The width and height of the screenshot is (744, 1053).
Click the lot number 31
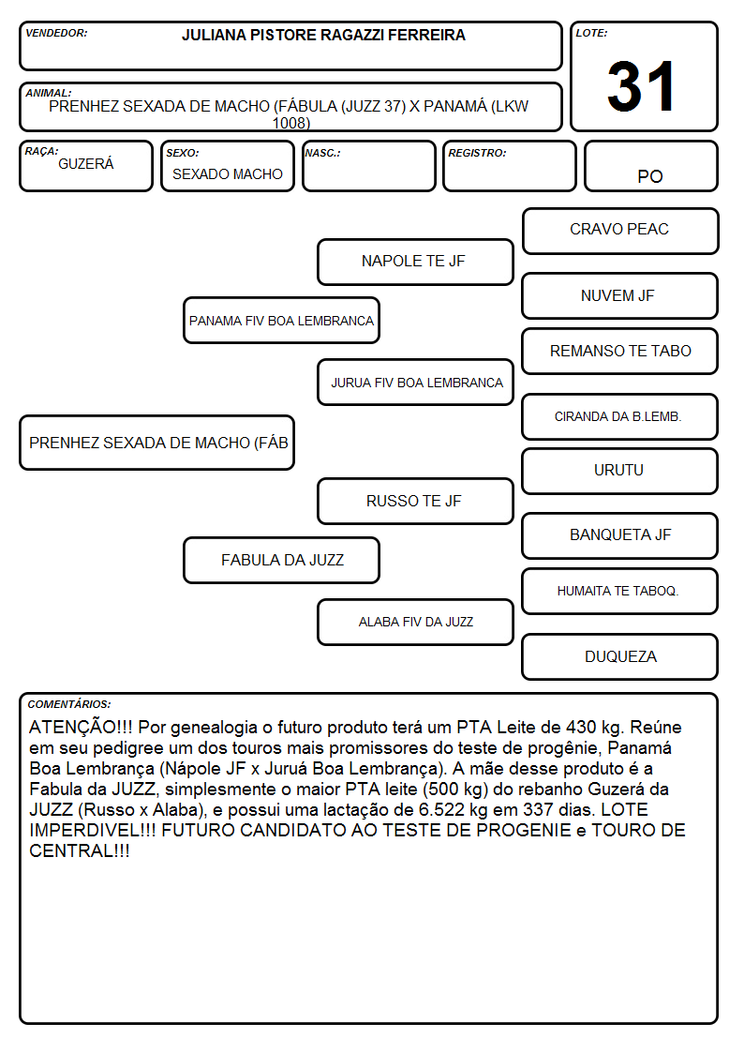641,86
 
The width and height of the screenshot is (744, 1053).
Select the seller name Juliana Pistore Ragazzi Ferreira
323,36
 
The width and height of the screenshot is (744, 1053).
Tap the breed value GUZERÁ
86,164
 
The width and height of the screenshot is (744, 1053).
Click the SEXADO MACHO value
228,174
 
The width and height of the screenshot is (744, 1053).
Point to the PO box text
650,176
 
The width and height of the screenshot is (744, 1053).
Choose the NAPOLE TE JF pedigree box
415,262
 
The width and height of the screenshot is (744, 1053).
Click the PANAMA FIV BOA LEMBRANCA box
282,321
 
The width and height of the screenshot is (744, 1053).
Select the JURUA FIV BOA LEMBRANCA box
415,383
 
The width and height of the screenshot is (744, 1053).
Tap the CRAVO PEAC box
620,231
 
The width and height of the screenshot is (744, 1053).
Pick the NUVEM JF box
620,295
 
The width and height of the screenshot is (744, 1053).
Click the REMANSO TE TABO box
620,352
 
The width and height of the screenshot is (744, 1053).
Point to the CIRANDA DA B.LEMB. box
620,417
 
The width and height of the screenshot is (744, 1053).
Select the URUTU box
620,472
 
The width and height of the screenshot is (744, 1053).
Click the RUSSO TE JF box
415,502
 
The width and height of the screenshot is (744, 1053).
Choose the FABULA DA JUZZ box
282,561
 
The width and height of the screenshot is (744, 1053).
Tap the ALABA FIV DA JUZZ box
415,623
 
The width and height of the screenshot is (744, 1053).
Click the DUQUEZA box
620,656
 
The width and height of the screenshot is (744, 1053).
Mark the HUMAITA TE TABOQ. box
620,592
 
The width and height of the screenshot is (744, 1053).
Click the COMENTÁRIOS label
69,704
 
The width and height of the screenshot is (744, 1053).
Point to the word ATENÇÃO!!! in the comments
81,728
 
